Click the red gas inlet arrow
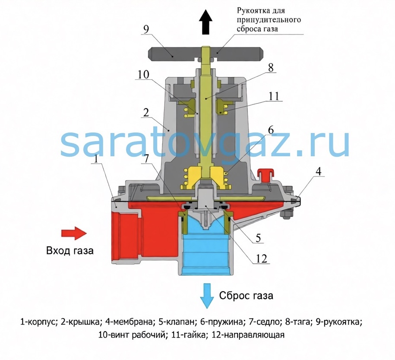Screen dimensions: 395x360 click(74, 233)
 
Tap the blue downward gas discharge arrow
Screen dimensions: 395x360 click(207, 296)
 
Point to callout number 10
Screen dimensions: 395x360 click(143, 74)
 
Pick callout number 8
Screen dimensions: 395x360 click(271, 67)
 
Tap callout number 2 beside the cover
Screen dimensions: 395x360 click(146, 113)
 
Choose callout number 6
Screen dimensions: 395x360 click(271, 130)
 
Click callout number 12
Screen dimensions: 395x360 click(262, 259)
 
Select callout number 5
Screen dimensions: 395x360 click(258, 238)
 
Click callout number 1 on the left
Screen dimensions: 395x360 click(96, 159)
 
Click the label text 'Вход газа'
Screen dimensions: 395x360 click(70, 251)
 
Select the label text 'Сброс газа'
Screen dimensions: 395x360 click(246, 295)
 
